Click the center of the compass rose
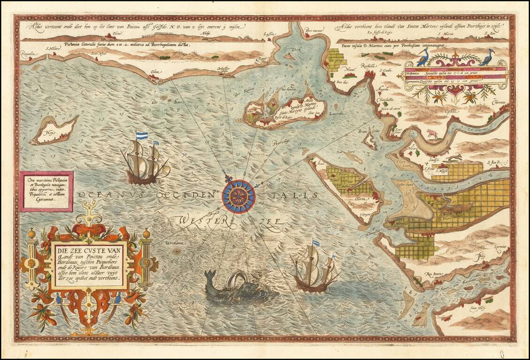coord(239,196)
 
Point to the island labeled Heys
coord(54,130)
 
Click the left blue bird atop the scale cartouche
coord(423,57)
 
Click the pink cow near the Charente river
coord(432,135)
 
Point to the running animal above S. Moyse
coord(453,159)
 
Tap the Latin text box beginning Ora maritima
coord(46,191)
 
